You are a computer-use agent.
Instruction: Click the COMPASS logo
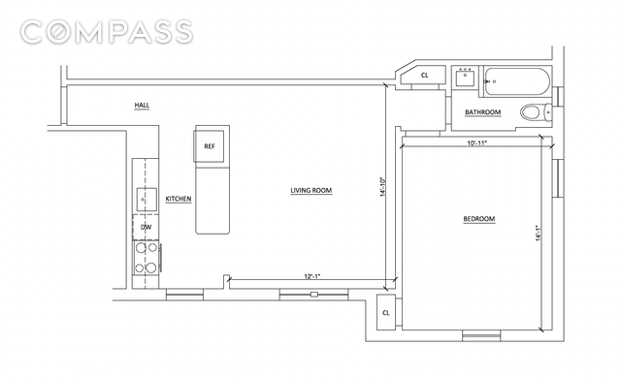pos(107,32)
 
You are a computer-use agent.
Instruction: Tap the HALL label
pos(142,106)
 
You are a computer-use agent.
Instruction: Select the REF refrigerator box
pos(210,146)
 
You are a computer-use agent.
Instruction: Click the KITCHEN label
pos(179,199)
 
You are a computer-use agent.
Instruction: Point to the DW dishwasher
pos(146,228)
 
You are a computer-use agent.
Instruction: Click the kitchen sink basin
pos(147,200)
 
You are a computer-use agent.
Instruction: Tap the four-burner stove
pos(147,258)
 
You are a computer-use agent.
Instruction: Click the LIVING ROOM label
pos(311,191)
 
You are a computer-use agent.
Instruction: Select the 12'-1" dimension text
pos(312,276)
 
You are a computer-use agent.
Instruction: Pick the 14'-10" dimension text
pos(383,187)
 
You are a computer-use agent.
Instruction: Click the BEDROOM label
pos(479,219)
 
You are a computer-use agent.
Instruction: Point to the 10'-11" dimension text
pos(476,142)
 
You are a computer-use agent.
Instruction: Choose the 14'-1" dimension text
pos(539,233)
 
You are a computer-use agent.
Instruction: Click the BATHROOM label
pos(483,112)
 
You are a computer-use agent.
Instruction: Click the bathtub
pos(517,81)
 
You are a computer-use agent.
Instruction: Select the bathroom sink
pos(465,78)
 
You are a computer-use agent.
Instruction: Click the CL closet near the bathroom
pos(424,76)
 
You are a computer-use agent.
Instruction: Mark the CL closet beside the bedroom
pos(386,312)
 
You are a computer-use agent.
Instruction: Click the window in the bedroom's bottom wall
pos(481,335)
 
